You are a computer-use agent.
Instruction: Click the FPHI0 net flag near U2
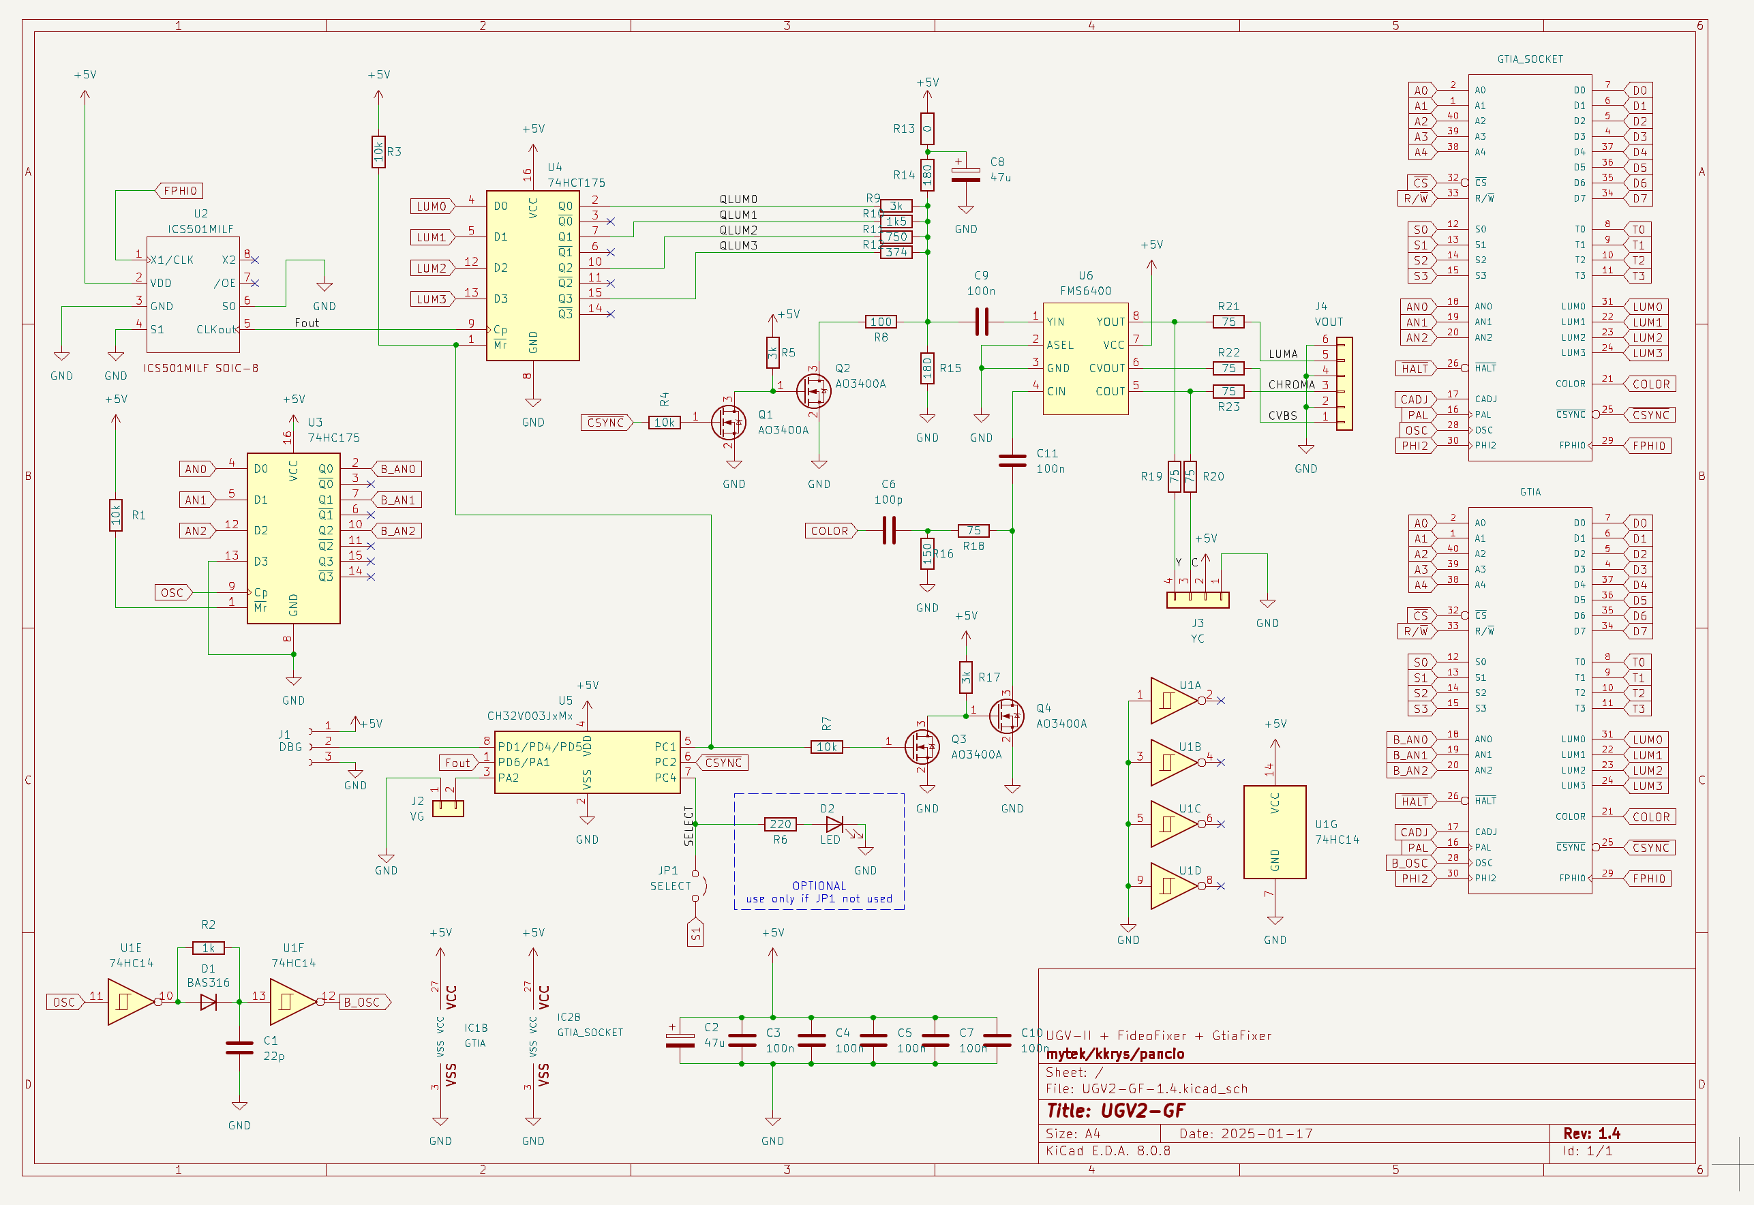pos(180,191)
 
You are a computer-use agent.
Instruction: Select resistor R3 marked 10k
pos(378,152)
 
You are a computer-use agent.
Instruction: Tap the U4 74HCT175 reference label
pos(575,175)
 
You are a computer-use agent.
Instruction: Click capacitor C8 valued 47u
pos(966,175)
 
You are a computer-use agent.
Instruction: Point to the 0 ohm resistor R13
pos(927,129)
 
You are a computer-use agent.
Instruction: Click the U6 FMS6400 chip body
pos(1085,359)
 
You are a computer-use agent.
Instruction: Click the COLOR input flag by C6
pos(830,531)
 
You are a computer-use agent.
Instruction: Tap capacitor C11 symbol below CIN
pos(1012,461)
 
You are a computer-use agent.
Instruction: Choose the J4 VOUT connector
pos(1344,384)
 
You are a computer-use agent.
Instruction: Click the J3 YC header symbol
pos(1198,600)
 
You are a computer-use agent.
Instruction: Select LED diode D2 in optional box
pos(835,825)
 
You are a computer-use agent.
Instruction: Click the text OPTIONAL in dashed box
pos(819,885)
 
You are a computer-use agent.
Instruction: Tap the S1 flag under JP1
pos(695,932)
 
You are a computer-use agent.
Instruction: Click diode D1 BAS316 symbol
pos(209,1003)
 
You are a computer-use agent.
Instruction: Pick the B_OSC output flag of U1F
pos(363,1003)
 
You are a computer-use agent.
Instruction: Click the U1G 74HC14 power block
pos(1275,832)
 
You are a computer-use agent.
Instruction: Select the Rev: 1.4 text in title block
pos(1592,1133)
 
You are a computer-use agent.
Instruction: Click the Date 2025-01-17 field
pos(1246,1133)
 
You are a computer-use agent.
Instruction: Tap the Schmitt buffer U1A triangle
pos(1171,701)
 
